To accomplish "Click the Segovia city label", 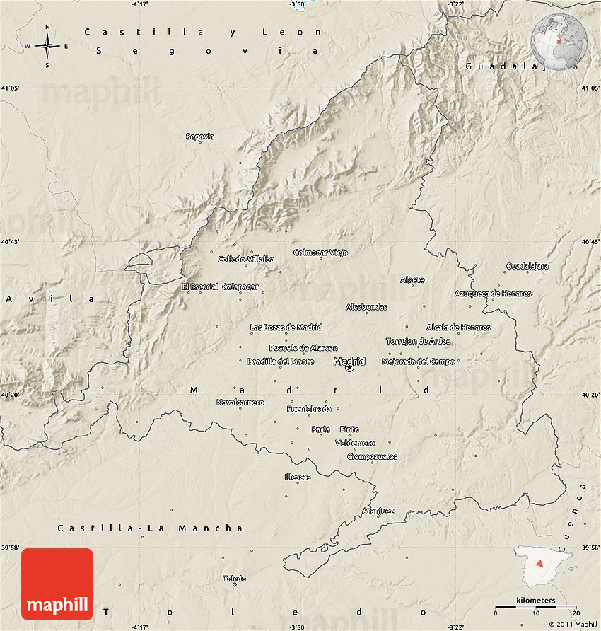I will [199, 136].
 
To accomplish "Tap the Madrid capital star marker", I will [349, 368].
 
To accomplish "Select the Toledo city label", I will [234, 578].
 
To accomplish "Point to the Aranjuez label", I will [378, 510].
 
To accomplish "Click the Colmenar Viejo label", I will [320, 253].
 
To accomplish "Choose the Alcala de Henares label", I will [457, 328].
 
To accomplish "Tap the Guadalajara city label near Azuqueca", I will [527, 266].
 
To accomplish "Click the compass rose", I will [47, 47].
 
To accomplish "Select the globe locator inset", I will [559, 40].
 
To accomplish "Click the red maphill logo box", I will [57, 584].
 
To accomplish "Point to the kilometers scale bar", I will [535, 606].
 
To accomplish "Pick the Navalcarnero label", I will [240, 403].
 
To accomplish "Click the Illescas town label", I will [297, 477].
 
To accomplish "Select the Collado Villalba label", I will [245, 259].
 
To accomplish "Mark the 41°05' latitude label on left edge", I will [10, 88].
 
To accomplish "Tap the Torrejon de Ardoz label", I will [418, 341].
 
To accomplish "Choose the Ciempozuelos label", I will [372, 456].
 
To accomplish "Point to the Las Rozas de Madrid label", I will [286, 328].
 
